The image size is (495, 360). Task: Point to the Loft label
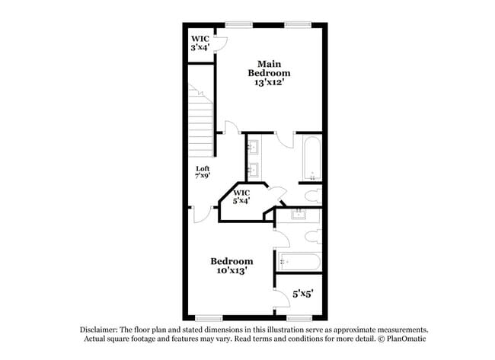(203, 173)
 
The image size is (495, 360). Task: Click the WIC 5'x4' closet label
(242, 196)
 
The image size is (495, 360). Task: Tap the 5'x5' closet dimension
(302, 292)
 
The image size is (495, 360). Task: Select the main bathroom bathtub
(311, 158)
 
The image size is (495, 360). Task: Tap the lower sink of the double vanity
(254, 169)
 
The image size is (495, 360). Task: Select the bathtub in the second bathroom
(299, 263)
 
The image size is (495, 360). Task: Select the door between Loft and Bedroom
(201, 215)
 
